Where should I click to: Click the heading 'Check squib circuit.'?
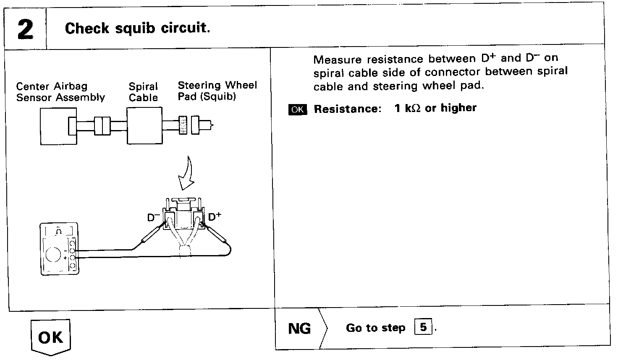click(x=137, y=29)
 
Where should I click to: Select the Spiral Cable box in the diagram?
click(x=144, y=125)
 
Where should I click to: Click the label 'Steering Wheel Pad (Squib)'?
click(x=217, y=91)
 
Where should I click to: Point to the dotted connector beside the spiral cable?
click(x=183, y=125)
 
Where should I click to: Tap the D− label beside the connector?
click(x=153, y=218)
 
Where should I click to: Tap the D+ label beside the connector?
click(x=215, y=217)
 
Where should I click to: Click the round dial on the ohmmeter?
click(x=54, y=255)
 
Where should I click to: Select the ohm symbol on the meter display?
click(x=59, y=231)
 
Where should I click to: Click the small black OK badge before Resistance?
click(x=297, y=110)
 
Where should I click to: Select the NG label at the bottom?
click(x=299, y=329)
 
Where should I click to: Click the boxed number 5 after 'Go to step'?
click(x=423, y=327)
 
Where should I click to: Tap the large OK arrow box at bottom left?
click(x=50, y=337)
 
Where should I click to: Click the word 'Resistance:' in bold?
click(x=348, y=109)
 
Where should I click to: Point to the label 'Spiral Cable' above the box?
click(x=143, y=92)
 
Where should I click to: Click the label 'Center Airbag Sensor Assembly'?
click(x=60, y=92)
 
